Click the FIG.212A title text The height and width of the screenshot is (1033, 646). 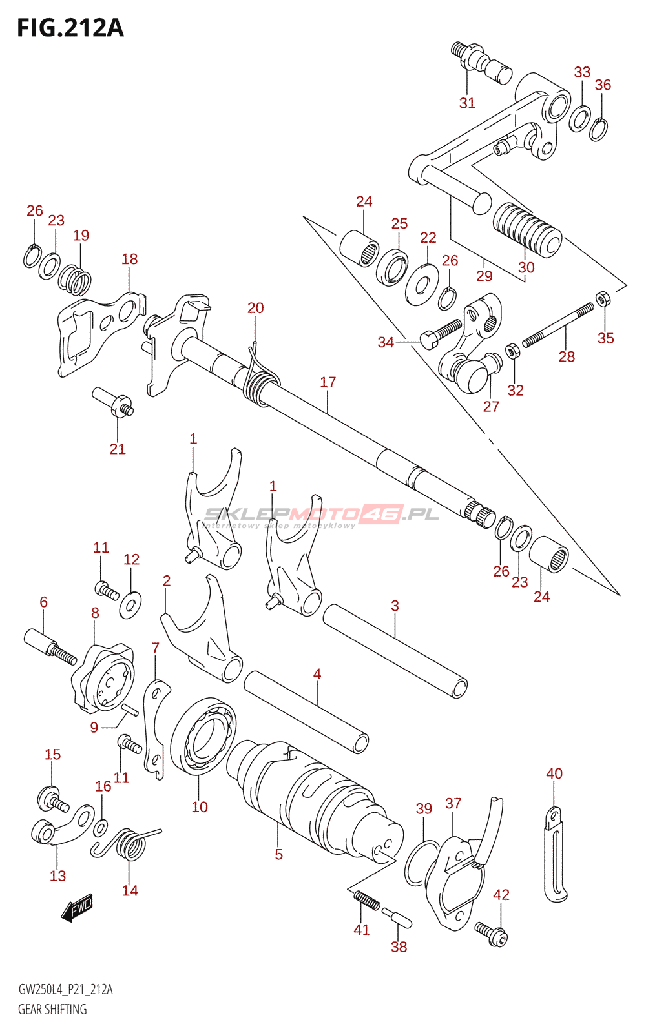click(70, 28)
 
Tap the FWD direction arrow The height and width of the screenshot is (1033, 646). click(77, 908)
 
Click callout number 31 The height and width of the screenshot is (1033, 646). click(467, 103)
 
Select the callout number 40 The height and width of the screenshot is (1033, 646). click(554, 773)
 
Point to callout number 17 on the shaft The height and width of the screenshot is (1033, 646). click(328, 382)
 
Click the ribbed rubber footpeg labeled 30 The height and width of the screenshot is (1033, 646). click(526, 229)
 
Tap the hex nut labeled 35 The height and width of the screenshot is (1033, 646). click(603, 299)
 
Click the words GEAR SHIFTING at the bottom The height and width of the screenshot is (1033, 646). click(52, 1009)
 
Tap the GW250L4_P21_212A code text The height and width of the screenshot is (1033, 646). click(65, 990)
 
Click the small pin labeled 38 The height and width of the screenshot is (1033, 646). click(396, 917)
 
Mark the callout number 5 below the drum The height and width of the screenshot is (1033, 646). click(278, 854)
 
